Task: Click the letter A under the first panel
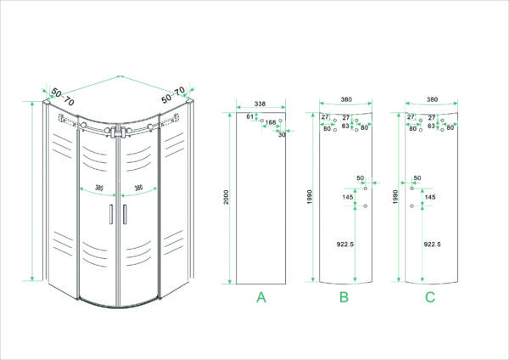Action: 261,297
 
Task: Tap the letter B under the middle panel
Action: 344,297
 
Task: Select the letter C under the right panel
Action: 430,297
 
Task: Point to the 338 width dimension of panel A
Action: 260,104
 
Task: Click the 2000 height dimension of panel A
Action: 227,198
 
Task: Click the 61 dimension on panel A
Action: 249,116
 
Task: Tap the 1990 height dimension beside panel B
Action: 309,198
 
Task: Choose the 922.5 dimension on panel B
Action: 344,244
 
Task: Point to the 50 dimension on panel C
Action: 417,178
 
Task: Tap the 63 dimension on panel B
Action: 345,125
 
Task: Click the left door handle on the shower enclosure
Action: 112,214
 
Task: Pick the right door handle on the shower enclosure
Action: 122,214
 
